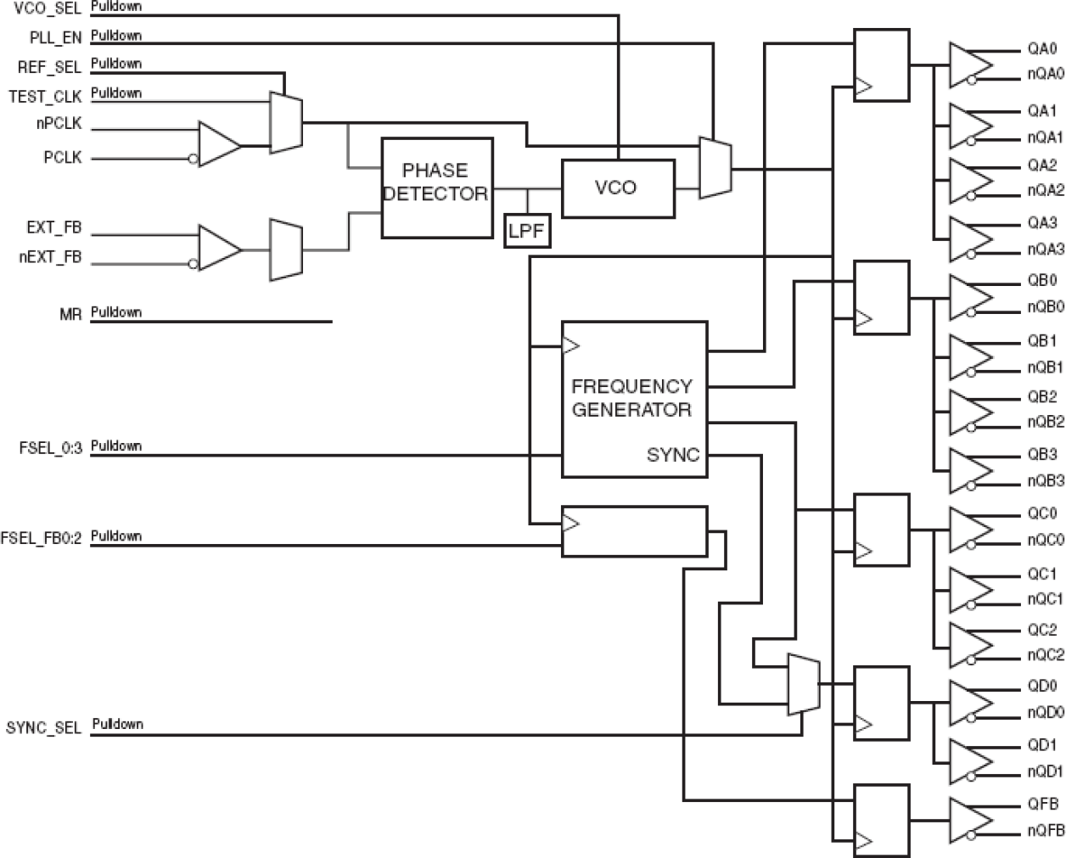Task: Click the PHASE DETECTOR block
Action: pyautogui.click(x=436, y=188)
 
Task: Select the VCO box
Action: pyautogui.click(x=616, y=188)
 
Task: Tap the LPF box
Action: pyautogui.click(x=526, y=230)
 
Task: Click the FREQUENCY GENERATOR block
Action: pyautogui.click(x=633, y=398)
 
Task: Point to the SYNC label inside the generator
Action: pyautogui.click(x=673, y=455)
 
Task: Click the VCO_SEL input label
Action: pyautogui.click(x=47, y=8)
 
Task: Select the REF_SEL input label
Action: pyautogui.click(x=49, y=66)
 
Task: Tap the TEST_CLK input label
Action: pyautogui.click(x=45, y=96)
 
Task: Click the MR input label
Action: pyautogui.click(x=71, y=315)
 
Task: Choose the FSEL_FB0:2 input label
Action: pyautogui.click(x=42, y=537)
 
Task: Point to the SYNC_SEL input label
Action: pyautogui.click(x=44, y=727)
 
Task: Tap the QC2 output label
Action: pyautogui.click(x=1041, y=630)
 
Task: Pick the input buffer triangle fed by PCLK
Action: pyautogui.click(x=218, y=144)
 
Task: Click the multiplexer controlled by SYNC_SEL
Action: pyautogui.click(x=803, y=684)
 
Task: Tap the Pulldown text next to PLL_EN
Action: pyautogui.click(x=116, y=36)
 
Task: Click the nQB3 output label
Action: pyautogui.click(x=1045, y=480)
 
